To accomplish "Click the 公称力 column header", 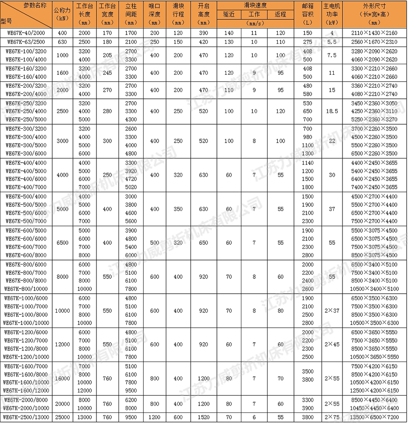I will coord(62,14).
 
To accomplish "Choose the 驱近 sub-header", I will coord(228,14).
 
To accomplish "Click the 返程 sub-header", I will coord(280,14).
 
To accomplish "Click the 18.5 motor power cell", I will coord(332,111).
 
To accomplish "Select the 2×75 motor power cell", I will coord(332,417).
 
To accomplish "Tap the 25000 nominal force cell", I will coord(62,417).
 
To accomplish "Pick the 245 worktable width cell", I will coord(107,73).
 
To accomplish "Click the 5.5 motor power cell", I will coord(332,42).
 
